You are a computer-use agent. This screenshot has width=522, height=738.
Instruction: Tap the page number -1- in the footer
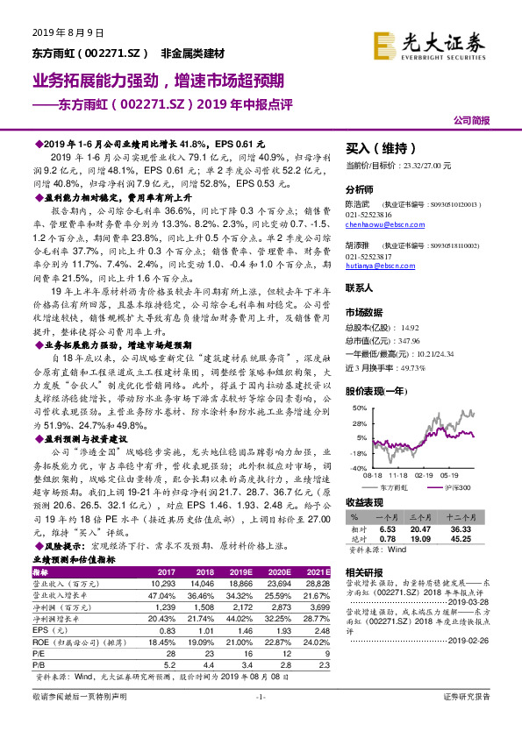click(x=260, y=721)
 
